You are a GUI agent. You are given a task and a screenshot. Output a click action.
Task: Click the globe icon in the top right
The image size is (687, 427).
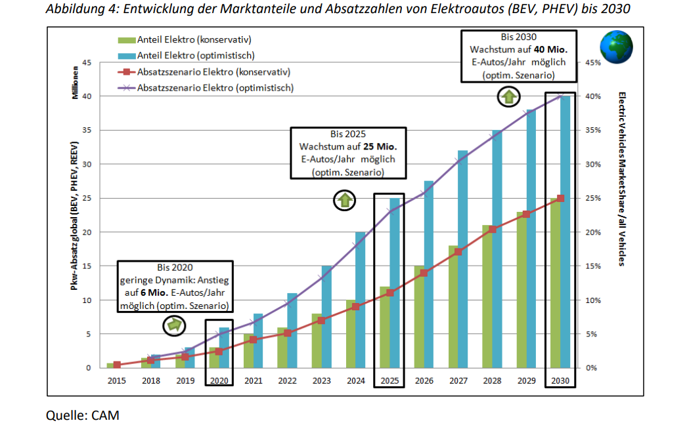coord(616,48)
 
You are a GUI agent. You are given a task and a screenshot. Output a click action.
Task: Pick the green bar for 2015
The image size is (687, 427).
coord(111,365)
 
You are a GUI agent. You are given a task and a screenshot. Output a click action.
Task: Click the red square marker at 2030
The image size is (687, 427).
coord(560,198)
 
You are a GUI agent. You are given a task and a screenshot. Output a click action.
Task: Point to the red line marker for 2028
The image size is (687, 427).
coord(493,229)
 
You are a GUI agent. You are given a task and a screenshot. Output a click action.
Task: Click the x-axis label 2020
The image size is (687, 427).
coord(219,380)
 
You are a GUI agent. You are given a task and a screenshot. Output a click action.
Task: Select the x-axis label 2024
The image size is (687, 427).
coord(355,380)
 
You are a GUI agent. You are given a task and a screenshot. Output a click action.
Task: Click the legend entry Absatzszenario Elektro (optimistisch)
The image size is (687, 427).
coord(215,87)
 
